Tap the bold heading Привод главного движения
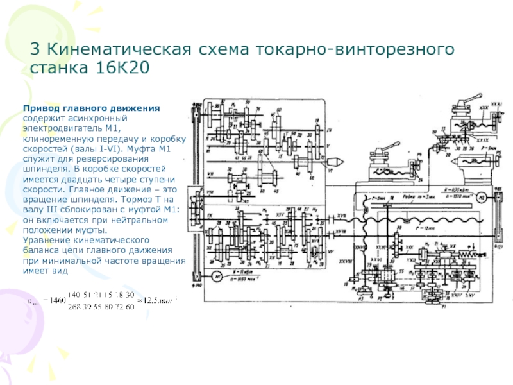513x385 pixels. (92, 108)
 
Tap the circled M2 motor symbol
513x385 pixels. (480, 196)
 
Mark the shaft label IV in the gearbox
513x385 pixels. (329, 130)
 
